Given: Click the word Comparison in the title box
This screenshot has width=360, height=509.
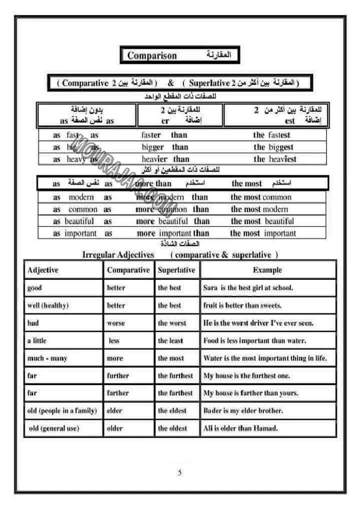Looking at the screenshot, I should [152, 56].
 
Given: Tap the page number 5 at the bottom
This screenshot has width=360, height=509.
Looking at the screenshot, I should [180, 473].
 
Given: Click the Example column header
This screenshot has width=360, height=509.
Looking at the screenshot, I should [267, 270].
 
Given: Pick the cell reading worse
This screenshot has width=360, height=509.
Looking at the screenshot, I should [116, 323].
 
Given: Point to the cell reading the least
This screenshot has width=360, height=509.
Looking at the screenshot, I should [170, 340].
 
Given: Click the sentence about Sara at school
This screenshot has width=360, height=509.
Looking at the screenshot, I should [248, 288].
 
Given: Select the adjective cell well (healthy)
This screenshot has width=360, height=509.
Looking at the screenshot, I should [48, 306].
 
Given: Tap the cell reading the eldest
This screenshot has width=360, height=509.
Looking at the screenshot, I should [172, 411].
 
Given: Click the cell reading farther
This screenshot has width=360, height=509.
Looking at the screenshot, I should [118, 393].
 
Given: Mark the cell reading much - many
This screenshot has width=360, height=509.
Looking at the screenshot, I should [47, 358].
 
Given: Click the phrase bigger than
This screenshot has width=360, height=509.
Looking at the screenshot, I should [165, 147].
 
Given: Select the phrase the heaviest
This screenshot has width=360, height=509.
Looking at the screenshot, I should [274, 159].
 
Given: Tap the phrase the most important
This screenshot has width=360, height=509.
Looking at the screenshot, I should [263, 233].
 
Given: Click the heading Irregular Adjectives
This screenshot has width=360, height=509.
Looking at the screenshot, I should [118, 255].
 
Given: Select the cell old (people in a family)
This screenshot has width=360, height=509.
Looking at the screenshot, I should [62, 411].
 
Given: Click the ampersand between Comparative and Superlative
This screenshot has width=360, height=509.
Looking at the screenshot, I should [171, 83].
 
